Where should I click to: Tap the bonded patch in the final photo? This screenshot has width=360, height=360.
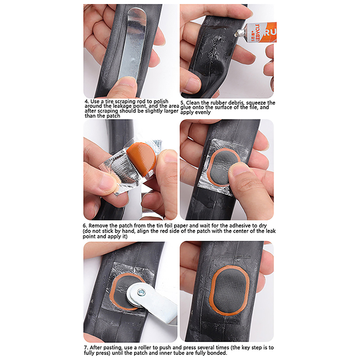coord(229,290)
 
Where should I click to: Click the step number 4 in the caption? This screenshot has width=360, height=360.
coord(86,102)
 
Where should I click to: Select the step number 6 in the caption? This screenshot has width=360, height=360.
coord(85,226)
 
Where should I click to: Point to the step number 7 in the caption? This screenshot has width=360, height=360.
coord(86,348)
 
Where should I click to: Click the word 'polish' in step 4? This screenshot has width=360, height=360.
coord(161,102)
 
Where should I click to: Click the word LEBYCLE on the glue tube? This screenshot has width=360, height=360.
coord(257,32)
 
